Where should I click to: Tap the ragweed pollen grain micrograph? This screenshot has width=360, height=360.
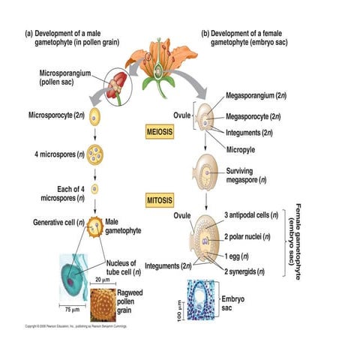pyautogui.click(x=104, y=301)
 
